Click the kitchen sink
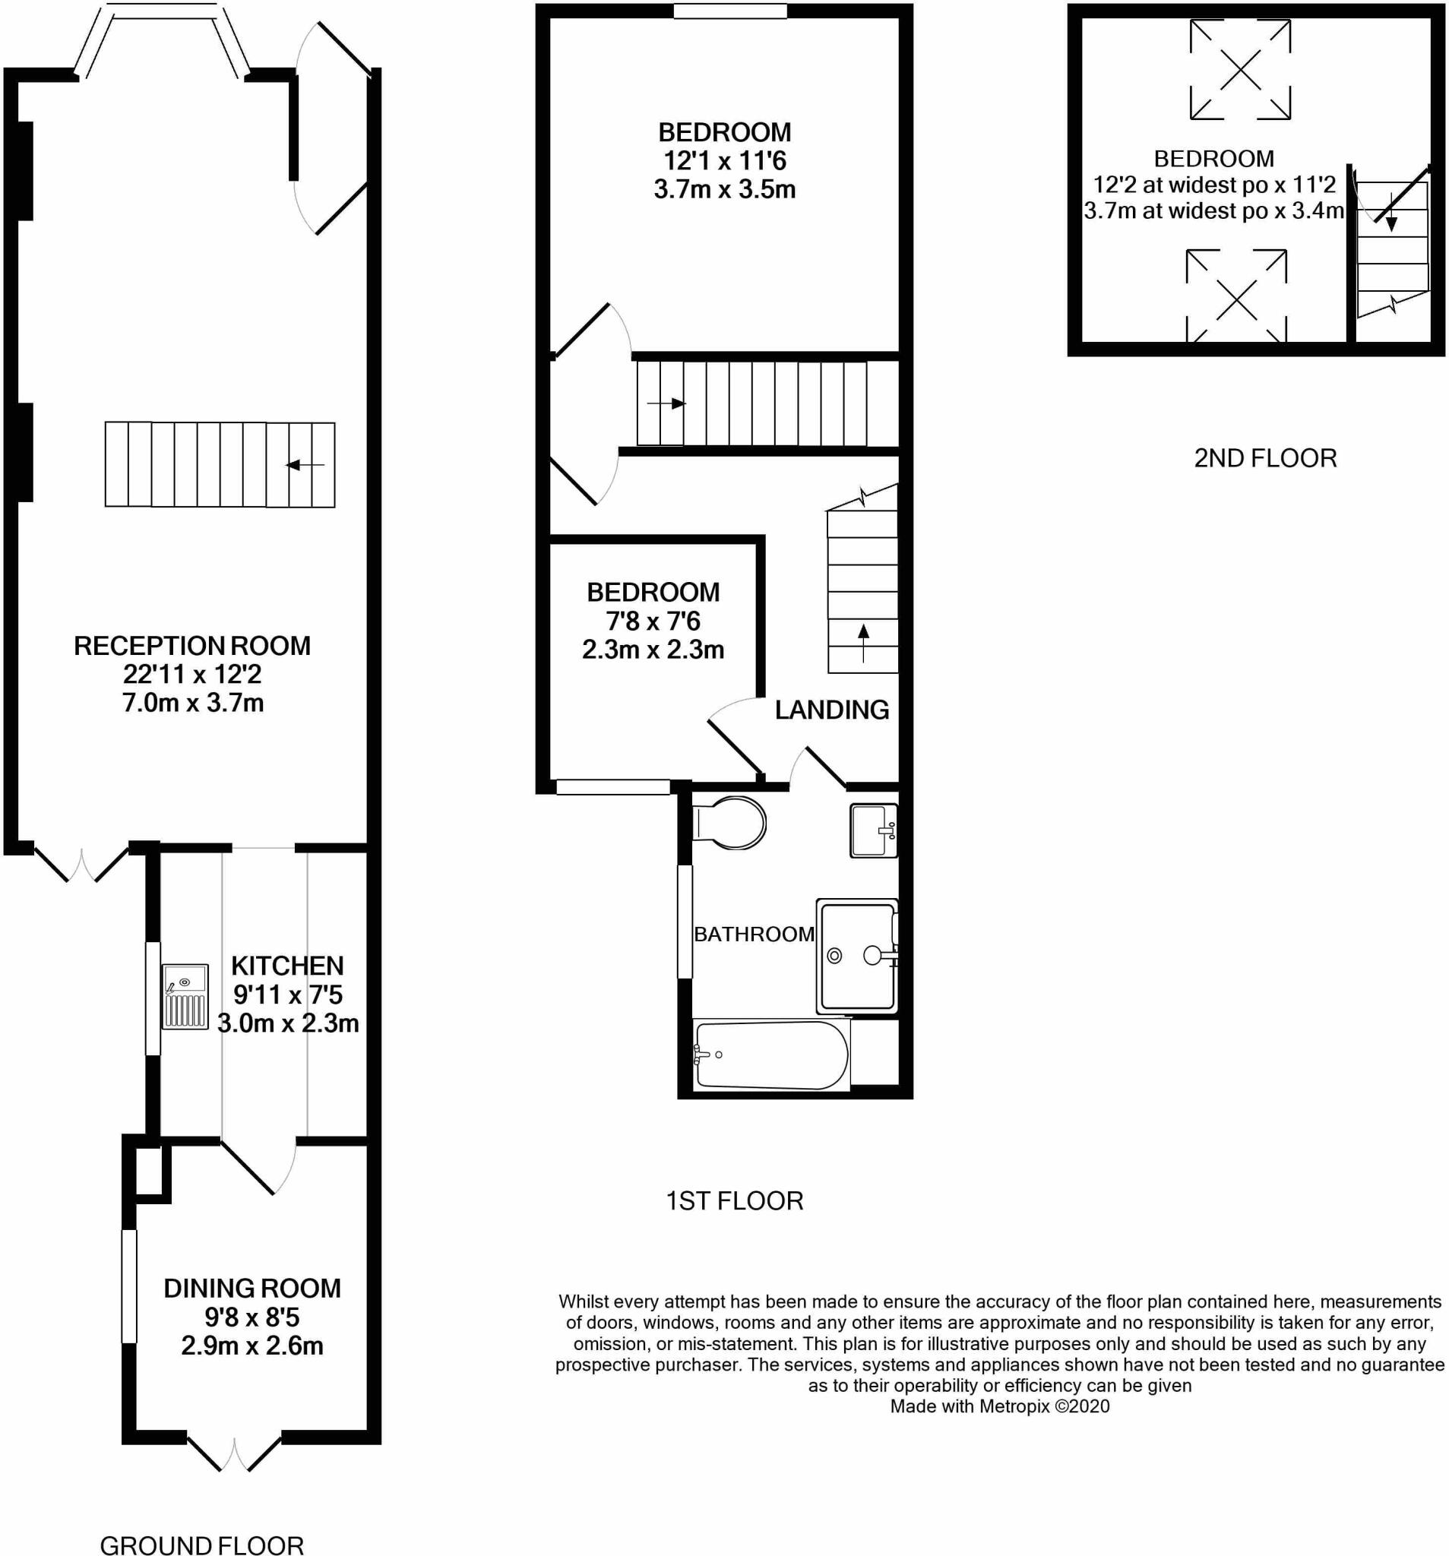click(x=185, y=996)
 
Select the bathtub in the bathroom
click(x=771, y=1055)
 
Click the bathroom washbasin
click(x=874, y=830)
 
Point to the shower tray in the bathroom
click(x=856, y=956)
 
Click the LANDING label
click(x=832, y=710)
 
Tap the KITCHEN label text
click(x=287, y=966)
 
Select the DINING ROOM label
click(x=252, y=1289)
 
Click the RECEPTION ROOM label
click(x=192, y=646)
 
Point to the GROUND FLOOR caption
click(x=202, y=1545)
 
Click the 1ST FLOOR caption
click(x=734, y=1200)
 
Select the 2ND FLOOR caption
click(x=1265, y=458)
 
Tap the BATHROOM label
click(x=755, y=934)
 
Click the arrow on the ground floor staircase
click(x=305, y=465)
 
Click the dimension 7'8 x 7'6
click(x=653, y=621)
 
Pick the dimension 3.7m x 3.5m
click(x=725, y=189)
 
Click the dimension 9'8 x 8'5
click(x=252, y=1317)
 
